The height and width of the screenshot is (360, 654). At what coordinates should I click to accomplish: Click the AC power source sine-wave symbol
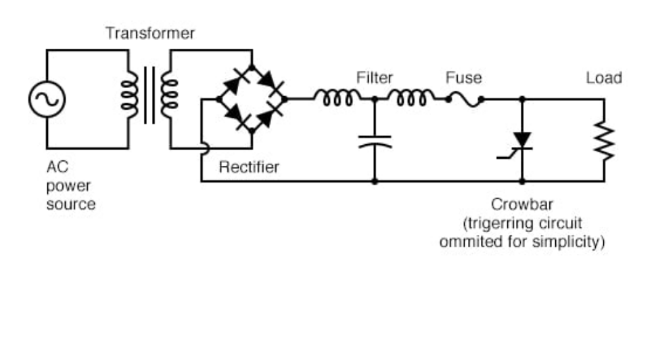pos(46,99)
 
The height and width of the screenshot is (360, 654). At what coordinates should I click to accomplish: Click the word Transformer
pos(149,33)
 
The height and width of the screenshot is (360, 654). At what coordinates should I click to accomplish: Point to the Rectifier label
pos(248,167)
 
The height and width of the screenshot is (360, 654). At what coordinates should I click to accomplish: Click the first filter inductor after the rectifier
pos(337,99)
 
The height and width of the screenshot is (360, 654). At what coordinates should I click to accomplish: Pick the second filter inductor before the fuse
pos(411,99)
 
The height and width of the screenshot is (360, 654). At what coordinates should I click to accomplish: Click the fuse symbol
pos(464,99)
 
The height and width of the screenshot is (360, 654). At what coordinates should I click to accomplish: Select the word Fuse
pos(463,78)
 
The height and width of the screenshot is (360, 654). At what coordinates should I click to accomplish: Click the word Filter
pos(374,78)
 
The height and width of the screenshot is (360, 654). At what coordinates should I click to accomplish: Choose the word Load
pos(603,78)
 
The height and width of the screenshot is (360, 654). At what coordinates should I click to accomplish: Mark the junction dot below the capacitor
pos(374,181)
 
